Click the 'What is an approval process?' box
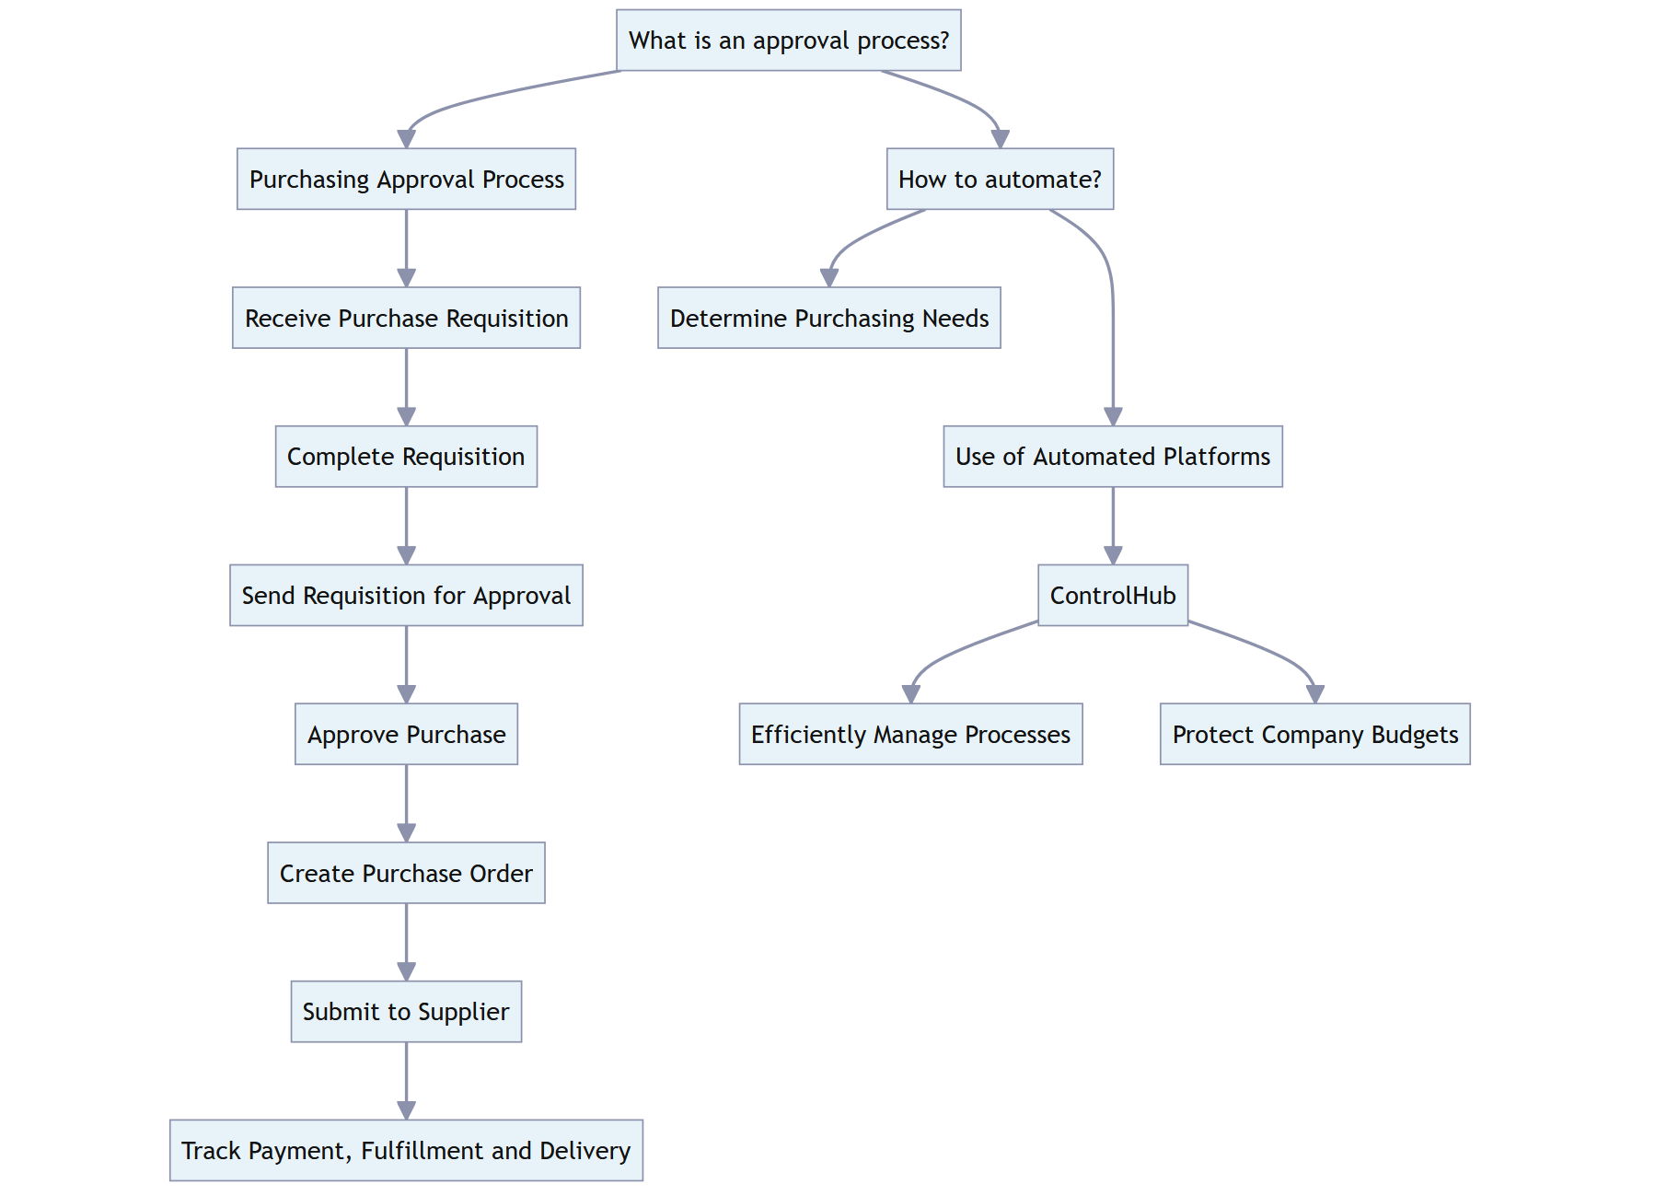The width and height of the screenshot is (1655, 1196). pos(788,41)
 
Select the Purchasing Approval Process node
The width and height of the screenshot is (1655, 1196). pos(406,179)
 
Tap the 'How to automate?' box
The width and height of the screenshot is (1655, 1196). pos(1000,179)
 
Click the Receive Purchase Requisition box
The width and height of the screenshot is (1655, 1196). pos(406,318)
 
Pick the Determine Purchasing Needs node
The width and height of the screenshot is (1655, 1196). pos(828,318)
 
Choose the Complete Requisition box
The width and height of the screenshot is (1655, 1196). pos(406,457)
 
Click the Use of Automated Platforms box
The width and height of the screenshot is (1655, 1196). pos(1112,457)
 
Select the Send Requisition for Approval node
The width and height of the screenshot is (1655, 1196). pos(406,596)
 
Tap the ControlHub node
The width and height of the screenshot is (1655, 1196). pos(1112,596)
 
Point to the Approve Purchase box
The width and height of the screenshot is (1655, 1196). pos(406,734)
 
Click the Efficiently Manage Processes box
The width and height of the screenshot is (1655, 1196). pos(910,734)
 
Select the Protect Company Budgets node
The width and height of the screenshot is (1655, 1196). pos(1314,734)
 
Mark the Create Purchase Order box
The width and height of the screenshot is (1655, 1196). pos(406,873)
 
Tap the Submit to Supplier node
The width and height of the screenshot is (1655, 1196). pos(406,1011)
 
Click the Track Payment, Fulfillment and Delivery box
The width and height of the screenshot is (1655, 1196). pos(406,1150)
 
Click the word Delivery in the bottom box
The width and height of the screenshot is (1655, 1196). pos(584,1151)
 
